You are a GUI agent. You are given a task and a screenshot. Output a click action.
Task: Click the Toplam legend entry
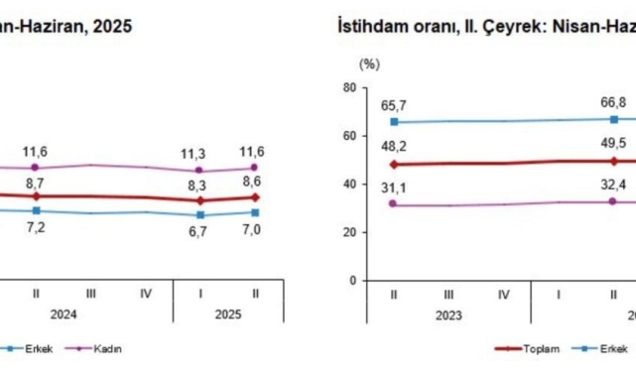click(x=547, y=348)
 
